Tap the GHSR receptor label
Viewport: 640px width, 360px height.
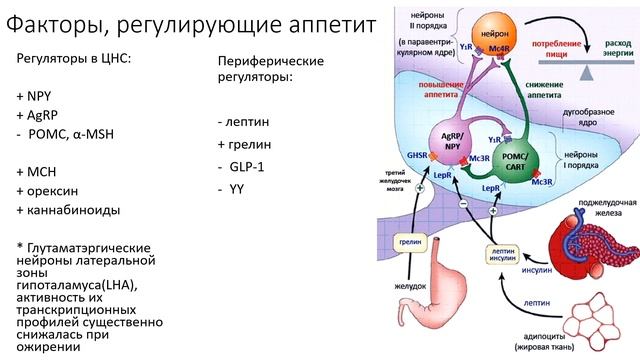[390, 156]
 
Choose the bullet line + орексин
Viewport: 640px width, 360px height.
[50, 190]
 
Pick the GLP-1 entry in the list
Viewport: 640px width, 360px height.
[244, 165]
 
